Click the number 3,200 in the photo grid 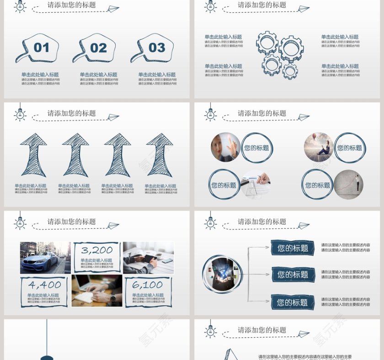[97, 250]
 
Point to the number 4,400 [44, 285]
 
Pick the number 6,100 [147, 285]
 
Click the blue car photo [45, 258]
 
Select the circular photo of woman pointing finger [225, 147]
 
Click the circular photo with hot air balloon [319, 147]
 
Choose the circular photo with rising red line [348, 185]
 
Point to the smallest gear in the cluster [290, 71]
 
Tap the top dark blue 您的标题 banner [293, 248]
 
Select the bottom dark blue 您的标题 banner [293, 302]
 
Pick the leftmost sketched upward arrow [33, 155]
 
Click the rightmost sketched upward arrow [160, 155]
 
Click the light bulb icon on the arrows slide [20, 114]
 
